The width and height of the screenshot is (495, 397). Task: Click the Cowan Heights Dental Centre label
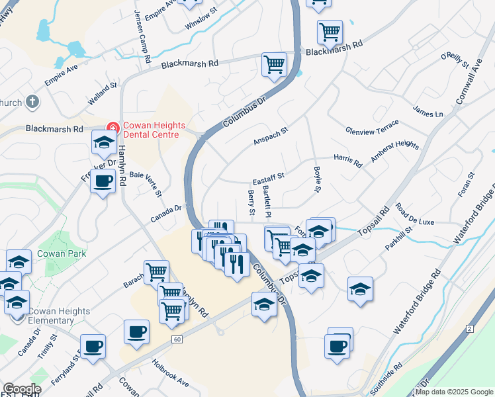click(150, 130)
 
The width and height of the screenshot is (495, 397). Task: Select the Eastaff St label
click(268, 177)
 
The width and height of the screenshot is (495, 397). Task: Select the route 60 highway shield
click(176, 339)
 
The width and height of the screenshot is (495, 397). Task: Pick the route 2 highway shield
click(469, 328)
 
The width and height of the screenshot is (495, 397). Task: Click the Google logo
click(22, 389)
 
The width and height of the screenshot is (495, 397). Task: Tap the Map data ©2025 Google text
click(454, 392)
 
